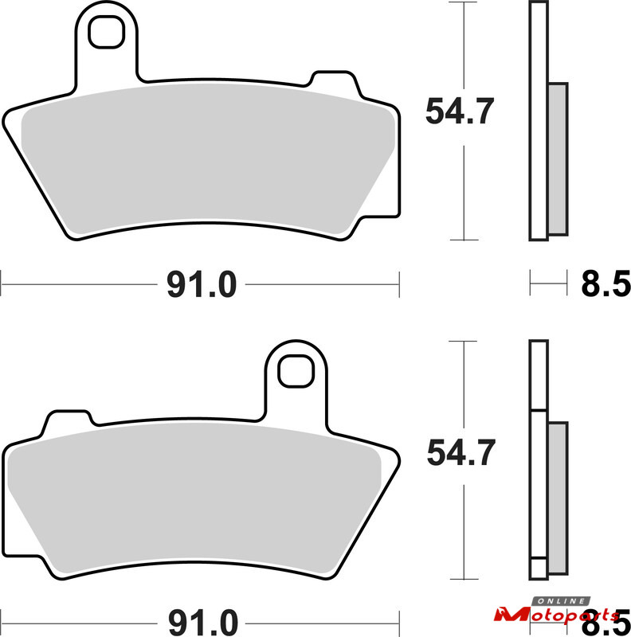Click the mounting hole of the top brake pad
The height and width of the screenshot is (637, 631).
[x=106, y=32]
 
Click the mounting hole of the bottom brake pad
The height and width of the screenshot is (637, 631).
[x=296, y=371]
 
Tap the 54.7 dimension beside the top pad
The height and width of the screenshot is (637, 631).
[x=460, y=111]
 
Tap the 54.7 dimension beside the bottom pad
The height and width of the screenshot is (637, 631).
[x=461, y=452]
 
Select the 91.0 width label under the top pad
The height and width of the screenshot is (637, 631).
[x=202, y=285]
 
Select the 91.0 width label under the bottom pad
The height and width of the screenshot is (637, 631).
[x=202, y=623]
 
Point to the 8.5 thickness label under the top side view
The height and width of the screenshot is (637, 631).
[x=606, y=284]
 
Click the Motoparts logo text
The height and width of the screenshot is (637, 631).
[x=557, y=615]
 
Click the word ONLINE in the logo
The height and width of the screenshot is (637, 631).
[x=561, y=601]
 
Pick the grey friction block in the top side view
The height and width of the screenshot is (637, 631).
[x=558, y=159]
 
